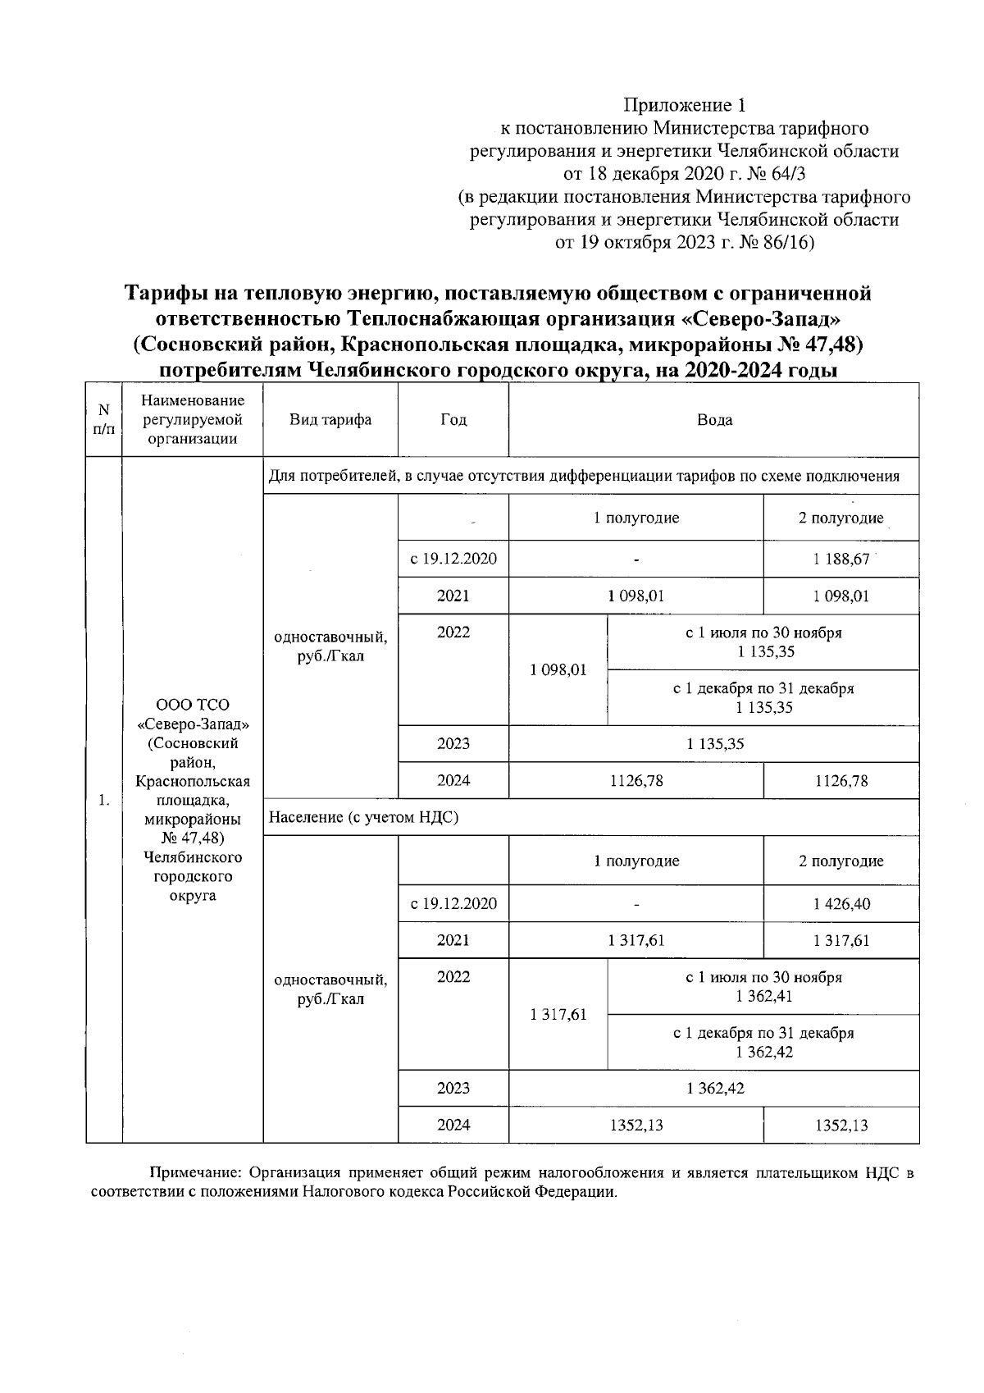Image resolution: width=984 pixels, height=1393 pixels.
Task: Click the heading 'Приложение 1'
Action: pyautogui.click(x=685, y=105)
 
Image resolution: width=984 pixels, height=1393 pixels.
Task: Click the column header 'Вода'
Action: pyautogui.click(x=713, y=420)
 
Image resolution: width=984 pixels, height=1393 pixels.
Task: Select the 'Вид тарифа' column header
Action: pyautogui.click(x=330, y=420)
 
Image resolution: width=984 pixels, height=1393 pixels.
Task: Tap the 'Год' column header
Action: pyautogui.click(x=453, y=420)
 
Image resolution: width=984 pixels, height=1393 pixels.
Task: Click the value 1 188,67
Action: pyautogui.click(x=840, y=559)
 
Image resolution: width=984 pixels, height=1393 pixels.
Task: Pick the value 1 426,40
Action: pyautogui.click(x=840, y=904)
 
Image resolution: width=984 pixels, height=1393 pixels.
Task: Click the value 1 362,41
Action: pyautogui.click(x=763, y=997)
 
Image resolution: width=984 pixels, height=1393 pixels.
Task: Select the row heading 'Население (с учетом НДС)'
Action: pyautogui.click(x=363, y=817)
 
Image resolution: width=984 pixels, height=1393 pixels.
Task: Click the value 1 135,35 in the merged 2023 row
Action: pyautogui.click(x=714, y=744)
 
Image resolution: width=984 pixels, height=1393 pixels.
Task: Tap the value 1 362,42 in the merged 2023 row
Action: pyautogui.click(x=714, y=1089)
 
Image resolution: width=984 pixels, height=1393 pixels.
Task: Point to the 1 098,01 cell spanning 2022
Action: pyautogui.click(x=558, y=669)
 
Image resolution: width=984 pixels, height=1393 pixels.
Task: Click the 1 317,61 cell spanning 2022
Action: pyautogui.click(x=558, y=1015)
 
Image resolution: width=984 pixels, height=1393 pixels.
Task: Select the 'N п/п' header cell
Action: pyautogui.click(x=103, y=419)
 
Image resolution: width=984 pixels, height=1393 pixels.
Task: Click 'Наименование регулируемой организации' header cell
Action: pyautogui.click(x=193, y=419)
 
